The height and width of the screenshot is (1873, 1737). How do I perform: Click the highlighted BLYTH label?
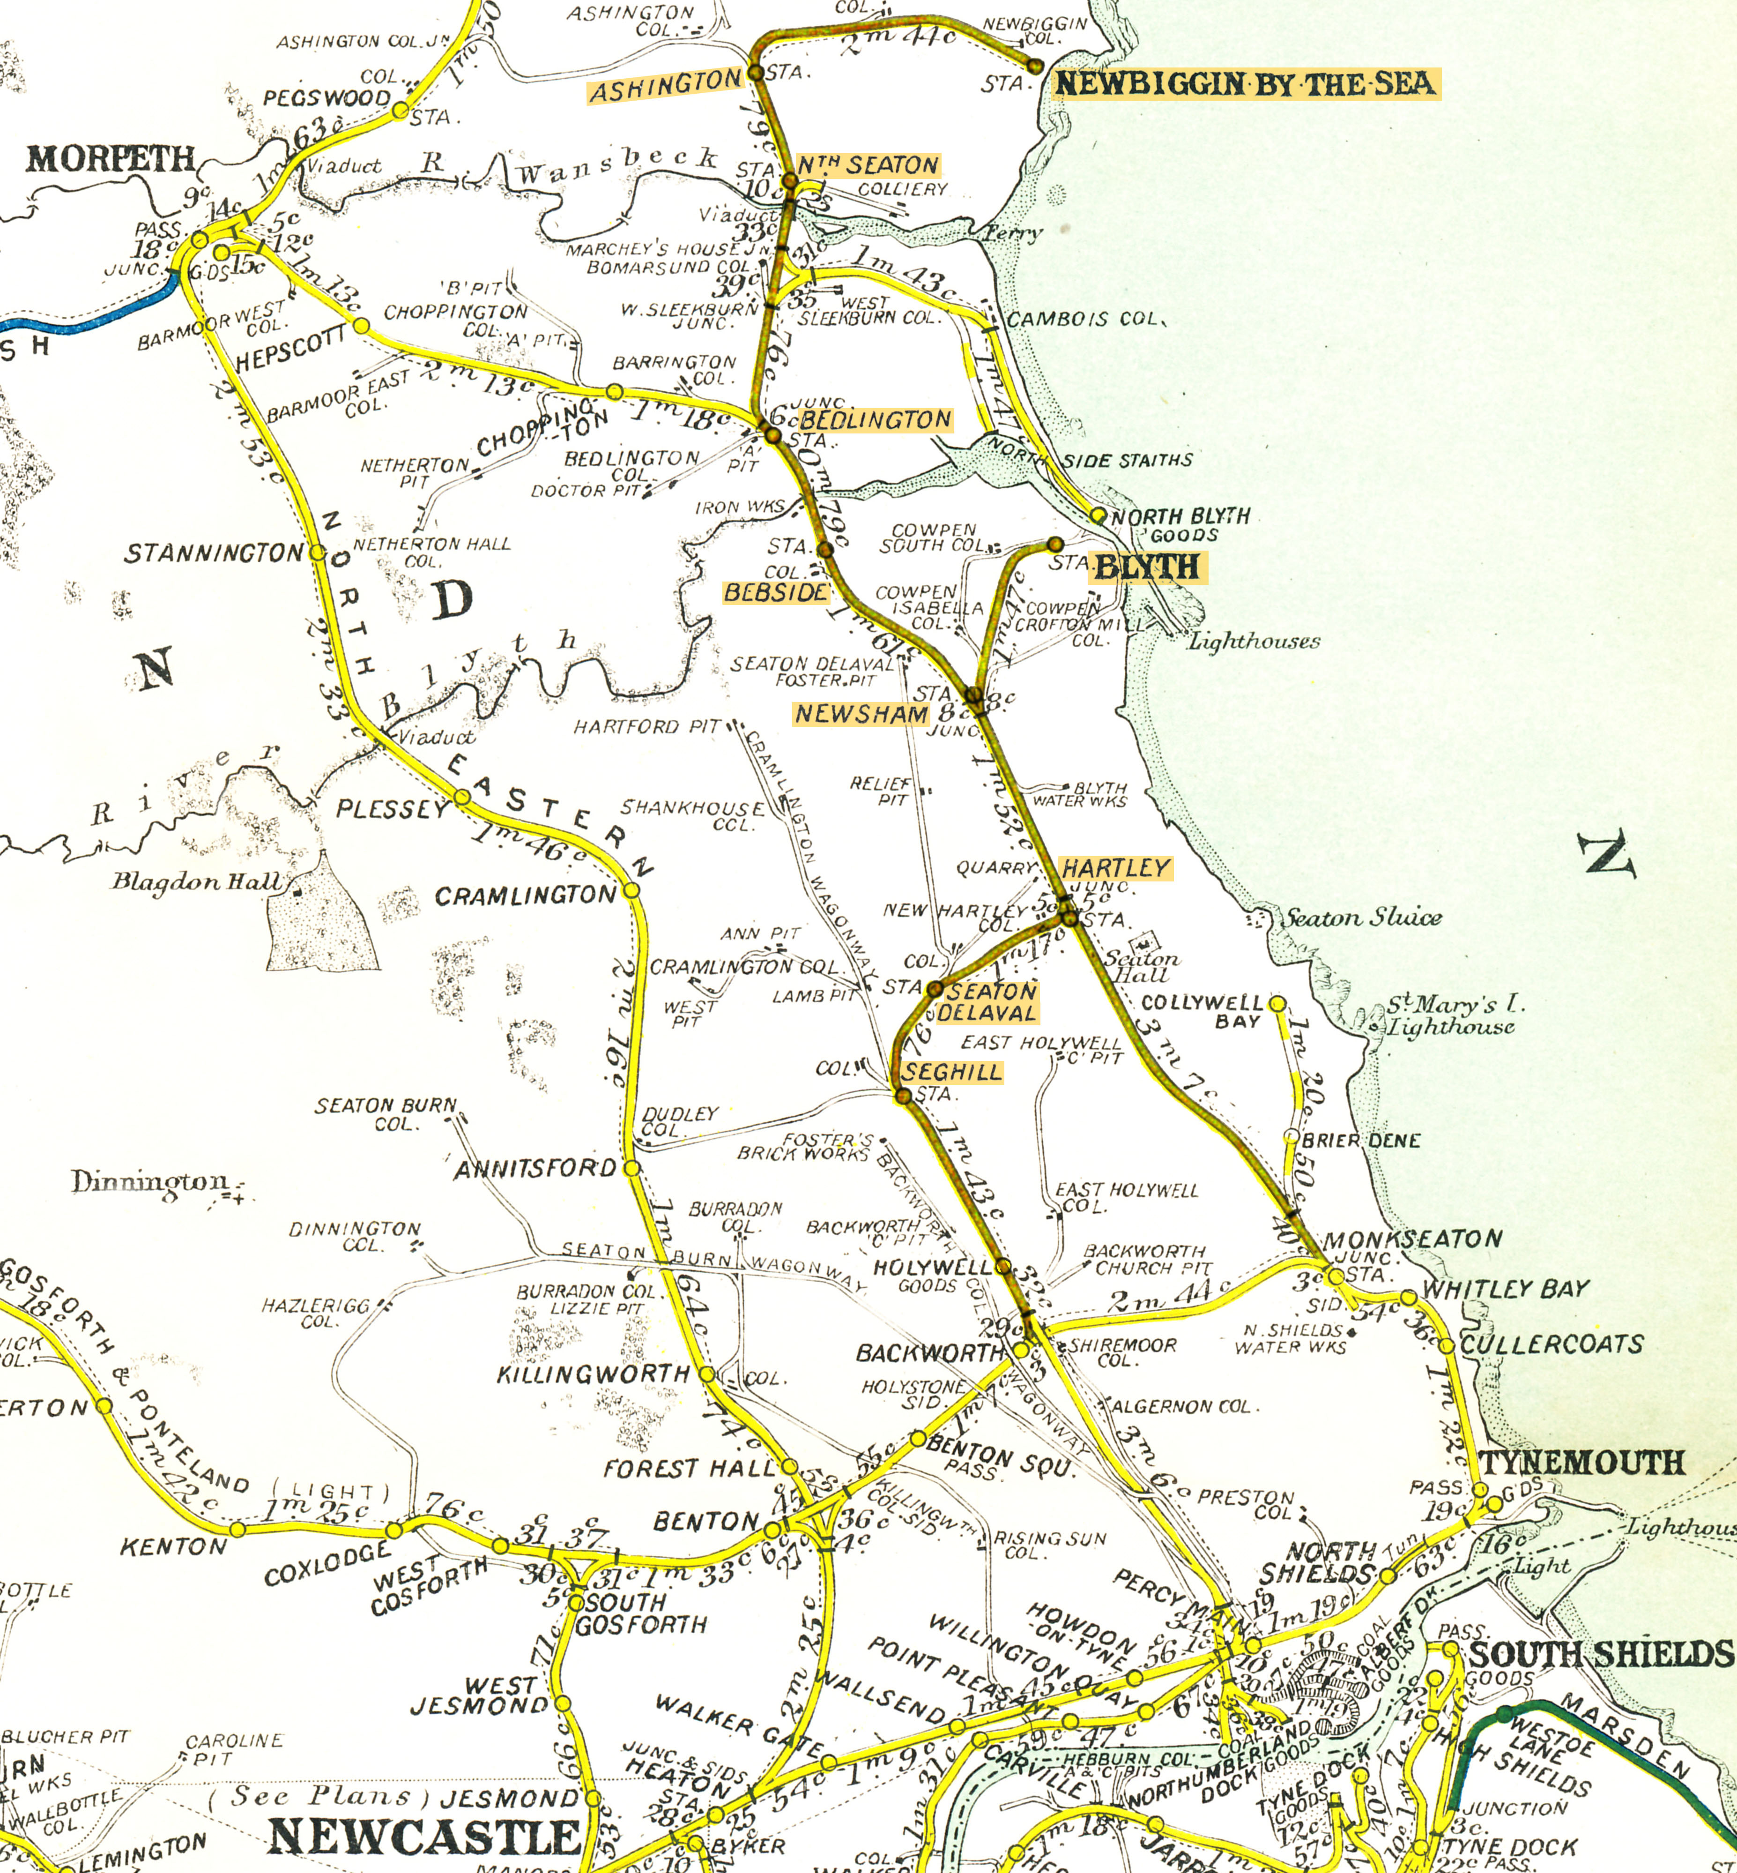pyautogui.click(x=1147, y=567)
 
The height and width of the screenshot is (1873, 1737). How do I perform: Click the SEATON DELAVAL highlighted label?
pyautogui.click(x=990, y=1002)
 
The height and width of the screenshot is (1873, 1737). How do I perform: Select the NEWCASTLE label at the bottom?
pyautogui.click(x=425, y=1836)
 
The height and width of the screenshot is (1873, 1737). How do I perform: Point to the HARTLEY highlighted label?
pyautogui.click(x=1116, y=868)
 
